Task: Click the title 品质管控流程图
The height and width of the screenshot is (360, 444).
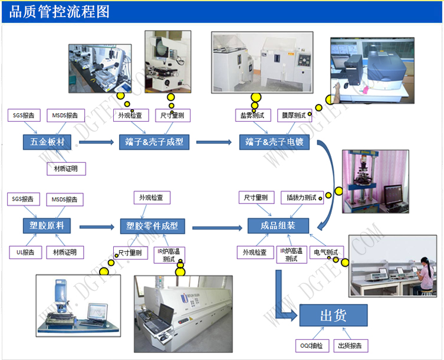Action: click(60, 12)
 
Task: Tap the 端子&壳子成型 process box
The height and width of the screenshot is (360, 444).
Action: click(154, 142)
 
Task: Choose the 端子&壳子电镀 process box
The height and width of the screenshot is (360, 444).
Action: click(274, 142)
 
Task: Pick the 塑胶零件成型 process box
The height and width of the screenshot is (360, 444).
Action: click(152, 225)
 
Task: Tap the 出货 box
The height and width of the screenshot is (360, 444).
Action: click(333, 316)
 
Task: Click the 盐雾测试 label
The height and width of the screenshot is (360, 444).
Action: click(252, 115)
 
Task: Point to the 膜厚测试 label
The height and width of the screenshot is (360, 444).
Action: click(295, 115)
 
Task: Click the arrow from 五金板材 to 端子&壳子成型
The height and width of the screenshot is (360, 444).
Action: click(96, 142)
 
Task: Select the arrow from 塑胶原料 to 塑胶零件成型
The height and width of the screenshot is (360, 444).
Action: click(96, 226)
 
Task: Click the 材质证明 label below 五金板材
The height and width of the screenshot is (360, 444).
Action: click(66, 169)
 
